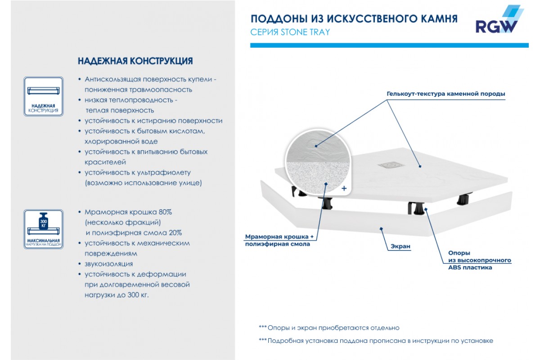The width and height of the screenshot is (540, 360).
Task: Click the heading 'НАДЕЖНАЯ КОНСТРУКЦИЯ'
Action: point(135,61)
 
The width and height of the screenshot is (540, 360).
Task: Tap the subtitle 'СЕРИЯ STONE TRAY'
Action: point(290,32)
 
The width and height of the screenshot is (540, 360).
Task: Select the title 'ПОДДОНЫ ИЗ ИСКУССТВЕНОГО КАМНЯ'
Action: point(354,19)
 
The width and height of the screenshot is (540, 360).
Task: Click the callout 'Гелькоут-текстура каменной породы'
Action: point(445,94)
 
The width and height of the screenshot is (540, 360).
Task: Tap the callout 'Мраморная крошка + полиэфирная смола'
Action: point(277,240)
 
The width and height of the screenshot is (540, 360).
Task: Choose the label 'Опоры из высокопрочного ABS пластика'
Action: point(479,260)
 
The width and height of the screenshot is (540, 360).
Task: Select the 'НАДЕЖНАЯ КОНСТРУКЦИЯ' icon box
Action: point(43,96)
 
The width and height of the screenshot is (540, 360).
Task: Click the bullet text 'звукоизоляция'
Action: point(108,264)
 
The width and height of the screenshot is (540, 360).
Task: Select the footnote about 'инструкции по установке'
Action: point(376,341)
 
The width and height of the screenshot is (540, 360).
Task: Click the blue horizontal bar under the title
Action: point(389,45)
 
